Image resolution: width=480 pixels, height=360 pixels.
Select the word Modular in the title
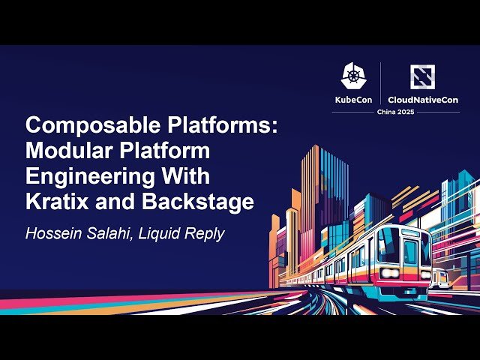point(64,151)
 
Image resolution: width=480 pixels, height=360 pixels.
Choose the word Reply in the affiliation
point(206,233)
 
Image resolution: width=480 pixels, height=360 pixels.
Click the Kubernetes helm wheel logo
point(354,76)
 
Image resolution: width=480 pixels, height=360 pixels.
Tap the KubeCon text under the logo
point(354,99)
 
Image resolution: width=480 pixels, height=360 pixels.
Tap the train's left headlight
point(388,272)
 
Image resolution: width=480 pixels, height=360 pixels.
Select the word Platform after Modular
point(165,151)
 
